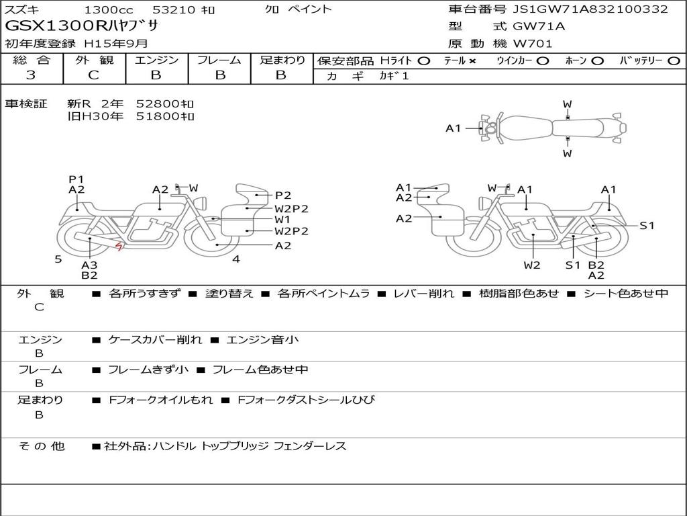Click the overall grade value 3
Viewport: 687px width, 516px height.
click(31, 75)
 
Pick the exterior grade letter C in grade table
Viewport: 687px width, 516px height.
click(93, 75)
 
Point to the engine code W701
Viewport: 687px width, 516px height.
click(533, 44)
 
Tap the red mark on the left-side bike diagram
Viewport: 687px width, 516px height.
click(119, 247)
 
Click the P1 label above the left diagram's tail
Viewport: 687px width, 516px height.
click(76, 179)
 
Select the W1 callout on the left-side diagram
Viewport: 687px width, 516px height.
click(282, 220)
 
